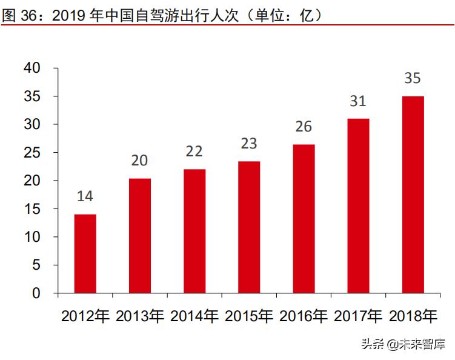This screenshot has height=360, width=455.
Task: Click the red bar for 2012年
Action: point(85,254)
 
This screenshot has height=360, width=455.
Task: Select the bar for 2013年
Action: point(139,236)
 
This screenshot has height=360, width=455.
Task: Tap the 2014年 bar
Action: point(194,231)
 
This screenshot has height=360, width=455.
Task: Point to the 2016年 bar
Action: point(304,219)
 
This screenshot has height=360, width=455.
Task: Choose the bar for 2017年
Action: point(358,206)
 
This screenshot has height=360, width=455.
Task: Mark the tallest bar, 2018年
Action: point(413,195)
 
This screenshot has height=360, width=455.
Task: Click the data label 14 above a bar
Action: point(85,196)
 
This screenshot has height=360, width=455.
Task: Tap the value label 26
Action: point(304,127)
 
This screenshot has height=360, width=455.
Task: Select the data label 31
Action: point(358,101)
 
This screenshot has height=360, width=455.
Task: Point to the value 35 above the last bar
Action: point(413,78)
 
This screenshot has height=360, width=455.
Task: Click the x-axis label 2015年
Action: point(249,316)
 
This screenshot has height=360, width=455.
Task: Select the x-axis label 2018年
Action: point(413,316)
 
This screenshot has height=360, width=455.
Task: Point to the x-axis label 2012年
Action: point(85,316)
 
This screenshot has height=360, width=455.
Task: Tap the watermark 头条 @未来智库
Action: point(402,345)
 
